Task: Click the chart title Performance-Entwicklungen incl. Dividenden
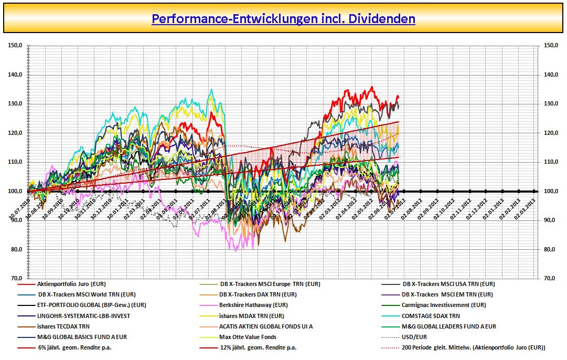coord(283,19)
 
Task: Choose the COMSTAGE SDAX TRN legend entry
coord(430,316)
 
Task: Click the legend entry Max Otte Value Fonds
coord(248,337)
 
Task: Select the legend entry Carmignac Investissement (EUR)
coord(444,305)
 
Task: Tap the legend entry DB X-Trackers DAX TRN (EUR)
coord(258,294)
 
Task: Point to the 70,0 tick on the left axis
coord(16,279)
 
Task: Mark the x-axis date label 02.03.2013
coord(529,210)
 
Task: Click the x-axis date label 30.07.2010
coord(19,210)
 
